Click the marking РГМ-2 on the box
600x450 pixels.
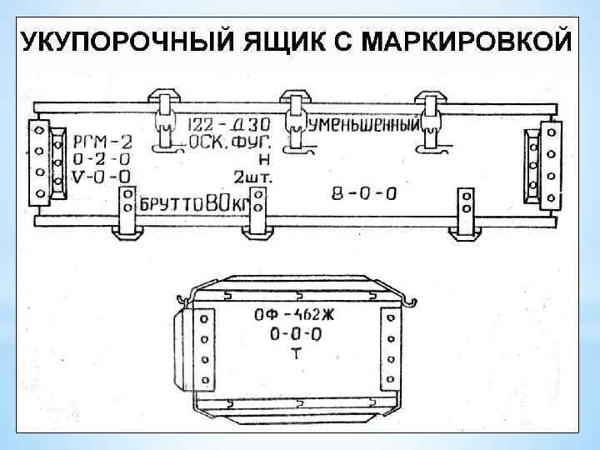pyautogui.click(x=101, y=140)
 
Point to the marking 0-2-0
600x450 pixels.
pyautogui.click(x=101, y=157)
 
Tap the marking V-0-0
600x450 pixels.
pyautogui.click(x=101, y=175)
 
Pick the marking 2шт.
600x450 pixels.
pyautogui.click(x=251, y=177)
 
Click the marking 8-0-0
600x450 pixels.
pyautogui.click(x=363, y=193)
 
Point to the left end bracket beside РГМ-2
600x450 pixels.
pyautogui.click(x=38, y=162)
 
